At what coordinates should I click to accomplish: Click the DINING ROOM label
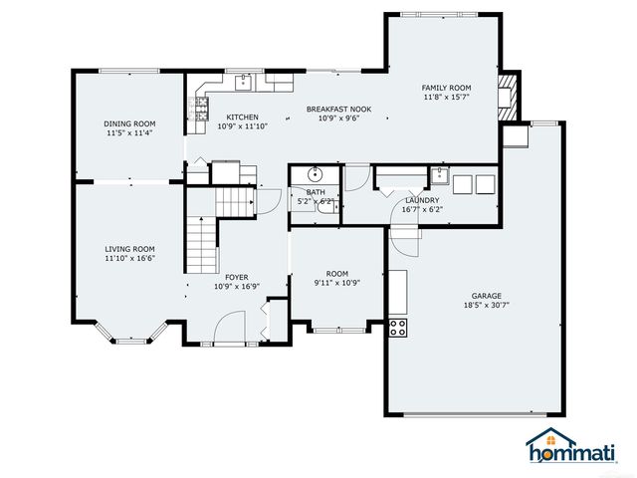pos(130,123)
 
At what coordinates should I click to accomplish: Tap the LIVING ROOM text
pos(130,249)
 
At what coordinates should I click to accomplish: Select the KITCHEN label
pos(243,117)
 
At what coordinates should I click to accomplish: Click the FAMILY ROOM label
pos(446,88)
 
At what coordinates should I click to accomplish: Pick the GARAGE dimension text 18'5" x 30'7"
pos(487,306)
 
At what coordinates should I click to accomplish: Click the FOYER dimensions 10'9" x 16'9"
pos(237,286)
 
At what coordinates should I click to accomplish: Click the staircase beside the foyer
pos(203,242)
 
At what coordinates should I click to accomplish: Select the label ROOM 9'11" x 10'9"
pos(336,278)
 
